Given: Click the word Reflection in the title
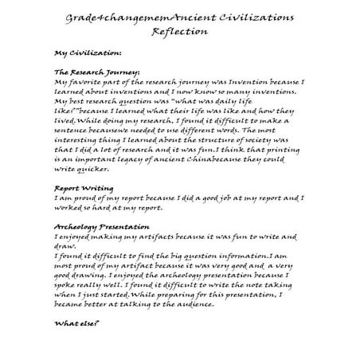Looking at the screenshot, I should tap(182, 31).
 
